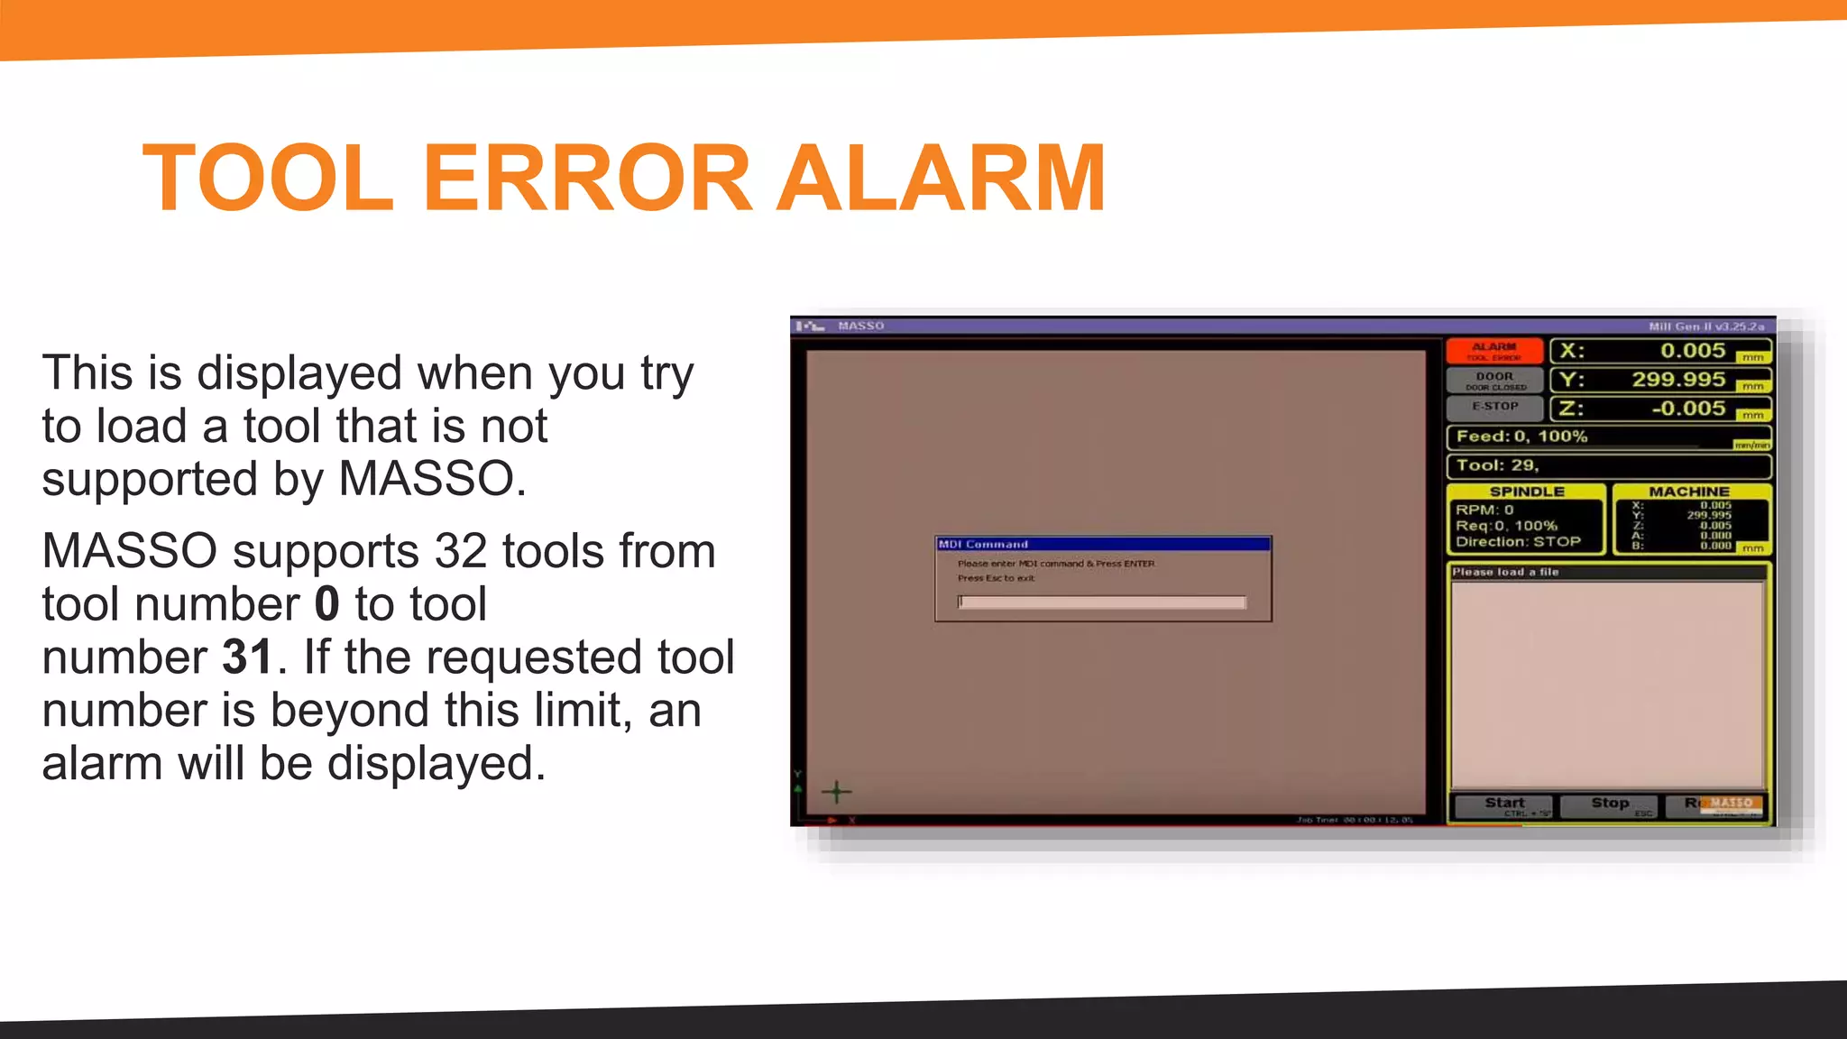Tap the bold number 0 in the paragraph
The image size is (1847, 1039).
point(326,604)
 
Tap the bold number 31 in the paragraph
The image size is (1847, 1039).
point(247,657)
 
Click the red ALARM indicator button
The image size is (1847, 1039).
point(1493,351)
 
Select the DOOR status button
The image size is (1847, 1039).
point(1494,380)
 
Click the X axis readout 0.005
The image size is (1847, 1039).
point(1692,351)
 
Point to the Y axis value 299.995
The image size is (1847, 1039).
point(1677,380)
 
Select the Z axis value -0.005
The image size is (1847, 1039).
point(1687,409)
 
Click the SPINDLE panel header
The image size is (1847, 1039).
point(1526,492)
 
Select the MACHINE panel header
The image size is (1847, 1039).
point(1689,492)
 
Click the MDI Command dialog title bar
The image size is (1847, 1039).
point(1102,544)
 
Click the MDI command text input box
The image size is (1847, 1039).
point(1101,602)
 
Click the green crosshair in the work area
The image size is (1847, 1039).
point(836,793)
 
